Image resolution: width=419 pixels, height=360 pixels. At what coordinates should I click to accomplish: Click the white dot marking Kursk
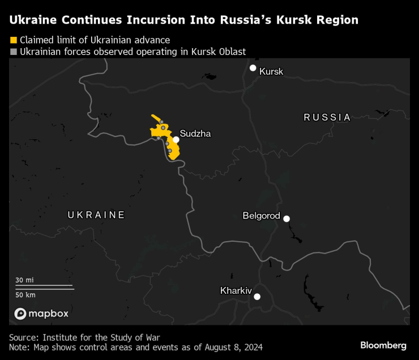point(253,68)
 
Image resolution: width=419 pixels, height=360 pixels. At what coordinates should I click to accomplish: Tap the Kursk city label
point(271,72)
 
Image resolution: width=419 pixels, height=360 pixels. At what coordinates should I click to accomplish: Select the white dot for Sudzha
point(176,139)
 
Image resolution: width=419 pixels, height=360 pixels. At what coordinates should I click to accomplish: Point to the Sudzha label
point(195,134)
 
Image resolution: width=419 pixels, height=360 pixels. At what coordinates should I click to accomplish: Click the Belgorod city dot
point(287,218)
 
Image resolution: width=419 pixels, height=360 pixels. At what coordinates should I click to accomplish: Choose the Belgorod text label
point(261,216)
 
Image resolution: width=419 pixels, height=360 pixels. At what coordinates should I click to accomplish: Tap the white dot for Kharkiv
point(257,297)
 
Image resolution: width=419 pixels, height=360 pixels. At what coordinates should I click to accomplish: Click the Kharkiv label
point(236,291)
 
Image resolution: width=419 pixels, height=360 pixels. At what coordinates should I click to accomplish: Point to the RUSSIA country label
point(327,118)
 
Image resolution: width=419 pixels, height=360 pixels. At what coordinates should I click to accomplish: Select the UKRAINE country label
point(96,215)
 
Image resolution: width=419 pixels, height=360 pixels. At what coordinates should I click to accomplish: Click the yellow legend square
point(13,40)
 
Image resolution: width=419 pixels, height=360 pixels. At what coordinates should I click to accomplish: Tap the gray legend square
point(13,52)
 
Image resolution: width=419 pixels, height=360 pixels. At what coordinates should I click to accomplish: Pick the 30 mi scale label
point(24,280)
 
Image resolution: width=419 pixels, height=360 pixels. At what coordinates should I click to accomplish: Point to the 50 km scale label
point(25,294)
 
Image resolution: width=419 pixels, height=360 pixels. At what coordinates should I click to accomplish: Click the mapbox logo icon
point(20,314)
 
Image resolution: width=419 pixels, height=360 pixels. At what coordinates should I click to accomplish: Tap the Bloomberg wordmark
point(383,345)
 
